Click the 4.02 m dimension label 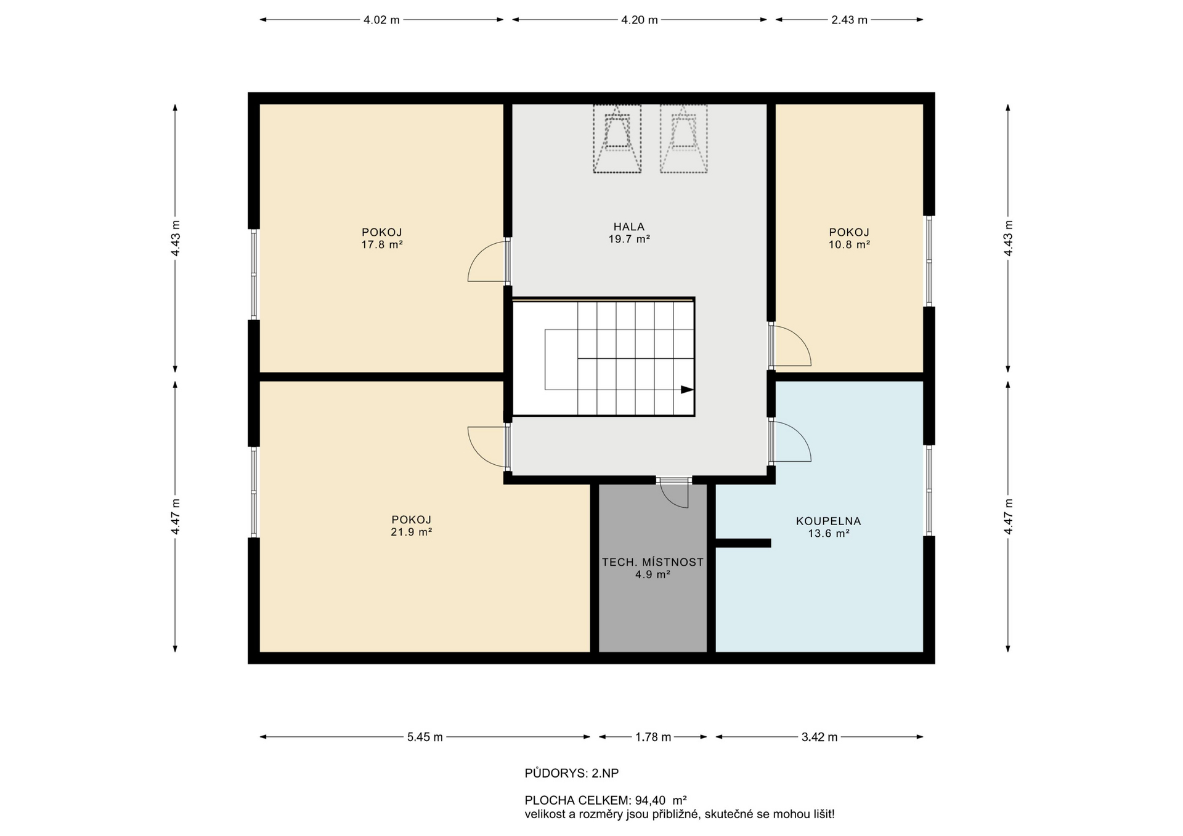(381, 20)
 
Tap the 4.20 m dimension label (640, 20)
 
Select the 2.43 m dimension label (849, 20)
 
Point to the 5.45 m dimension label (425, 737)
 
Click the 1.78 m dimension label (653, 737)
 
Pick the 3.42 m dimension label (819, 737)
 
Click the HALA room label (629, 227)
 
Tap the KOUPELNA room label (829, 521)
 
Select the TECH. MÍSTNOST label (652, 562)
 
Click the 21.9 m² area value (411, 532)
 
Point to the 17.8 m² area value (382, 244)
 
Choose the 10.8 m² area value (849, 244)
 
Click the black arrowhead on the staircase (687, 390)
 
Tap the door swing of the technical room (675, 494)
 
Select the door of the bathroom (791, 441)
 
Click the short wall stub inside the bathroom (743, 543)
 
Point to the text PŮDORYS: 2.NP (572, 773)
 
